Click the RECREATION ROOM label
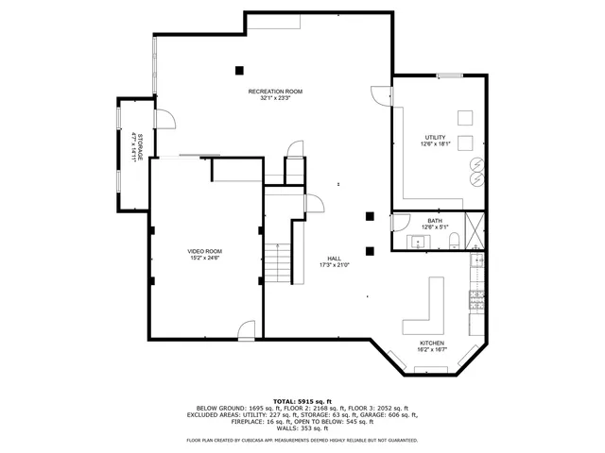pos(275,91)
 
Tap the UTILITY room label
pos(435,137)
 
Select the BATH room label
pos(435,221)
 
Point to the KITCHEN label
pos(432,343)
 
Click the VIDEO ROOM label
pos(204,251)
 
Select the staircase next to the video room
pos(276,261)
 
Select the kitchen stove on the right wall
pos(478,300)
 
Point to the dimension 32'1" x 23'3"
pos(275,97)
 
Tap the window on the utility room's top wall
pos(450,75)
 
